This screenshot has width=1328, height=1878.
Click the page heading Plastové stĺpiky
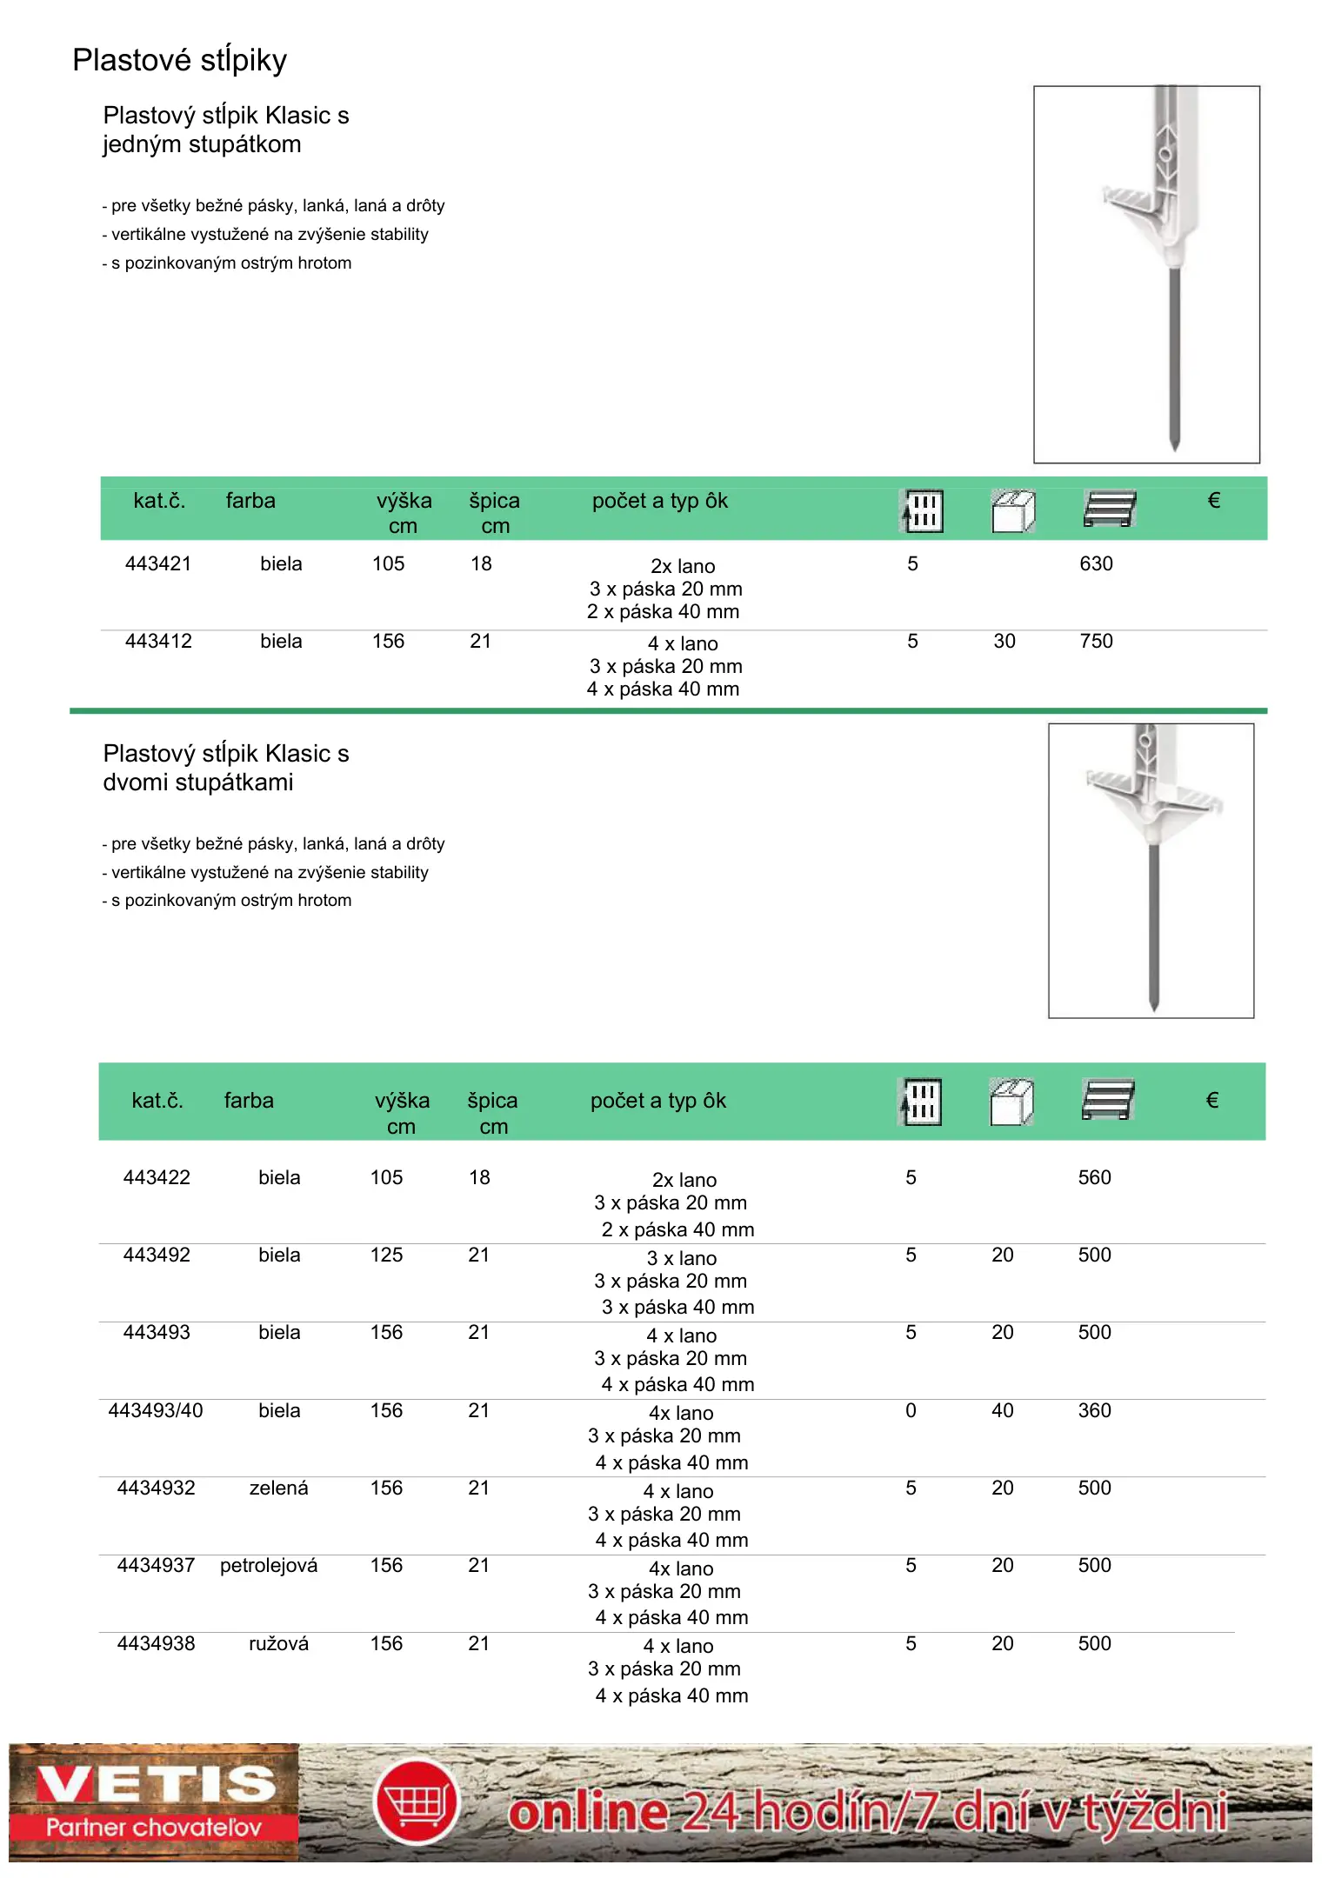[179, 60]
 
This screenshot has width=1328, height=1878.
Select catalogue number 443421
[157, 563]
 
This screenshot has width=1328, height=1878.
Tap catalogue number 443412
[157, 641]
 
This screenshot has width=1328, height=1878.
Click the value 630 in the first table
[1096, 563]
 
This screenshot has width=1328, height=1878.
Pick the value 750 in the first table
[1096, 641]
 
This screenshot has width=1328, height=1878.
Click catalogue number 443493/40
[155, 1410]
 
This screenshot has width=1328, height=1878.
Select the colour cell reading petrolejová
[269, 1565]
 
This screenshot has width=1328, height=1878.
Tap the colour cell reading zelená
[278, 1488]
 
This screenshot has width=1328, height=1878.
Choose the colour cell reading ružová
[278, 1643]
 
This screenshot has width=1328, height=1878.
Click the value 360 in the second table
[1094, 1410]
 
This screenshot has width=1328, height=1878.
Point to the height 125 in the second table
[386, 1255]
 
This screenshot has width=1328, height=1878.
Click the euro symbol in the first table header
[1214, 500]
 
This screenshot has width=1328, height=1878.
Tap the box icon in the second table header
[1011, 1102]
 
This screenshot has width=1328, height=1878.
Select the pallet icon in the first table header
[1110, 509]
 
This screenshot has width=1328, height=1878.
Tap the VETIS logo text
[157, 1783]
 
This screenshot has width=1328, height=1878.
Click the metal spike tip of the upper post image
[1174, 443]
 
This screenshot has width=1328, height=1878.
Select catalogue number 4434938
[156, 1643]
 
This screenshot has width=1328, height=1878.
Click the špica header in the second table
[492, 1101]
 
